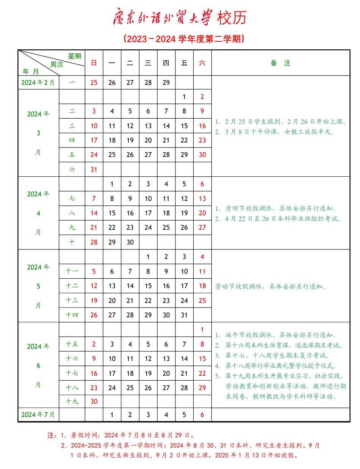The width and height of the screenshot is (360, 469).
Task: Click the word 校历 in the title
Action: coord(232,18)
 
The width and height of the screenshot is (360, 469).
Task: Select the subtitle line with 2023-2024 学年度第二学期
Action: coord(183,39)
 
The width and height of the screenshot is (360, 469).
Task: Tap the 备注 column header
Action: coord(280,63)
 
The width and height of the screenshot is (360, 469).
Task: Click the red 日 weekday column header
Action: coord(94,63)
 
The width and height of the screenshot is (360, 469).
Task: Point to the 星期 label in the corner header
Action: coord(75,56)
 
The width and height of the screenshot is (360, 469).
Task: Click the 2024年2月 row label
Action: coord(38,83)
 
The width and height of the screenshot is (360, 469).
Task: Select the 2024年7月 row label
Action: coord(38,415)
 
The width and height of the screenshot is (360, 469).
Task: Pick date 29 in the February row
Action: coord(166,83)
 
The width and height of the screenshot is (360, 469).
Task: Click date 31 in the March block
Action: coord(94,169)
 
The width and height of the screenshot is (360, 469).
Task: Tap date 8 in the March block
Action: coord(184,111)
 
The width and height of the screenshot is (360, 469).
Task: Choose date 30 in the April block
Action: coord(130,242)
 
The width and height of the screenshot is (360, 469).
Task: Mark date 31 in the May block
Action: coord(184,315)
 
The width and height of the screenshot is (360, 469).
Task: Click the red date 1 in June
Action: coord(202,330)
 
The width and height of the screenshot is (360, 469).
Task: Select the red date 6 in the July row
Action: coord(202,415)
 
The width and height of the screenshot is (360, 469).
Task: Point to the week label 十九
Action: coord(72,401)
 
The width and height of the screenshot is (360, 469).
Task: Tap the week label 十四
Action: coord(72,315)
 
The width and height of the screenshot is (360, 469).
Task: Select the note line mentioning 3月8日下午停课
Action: coord(275,132)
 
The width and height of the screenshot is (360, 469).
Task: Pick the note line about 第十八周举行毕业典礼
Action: coord(276,366)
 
